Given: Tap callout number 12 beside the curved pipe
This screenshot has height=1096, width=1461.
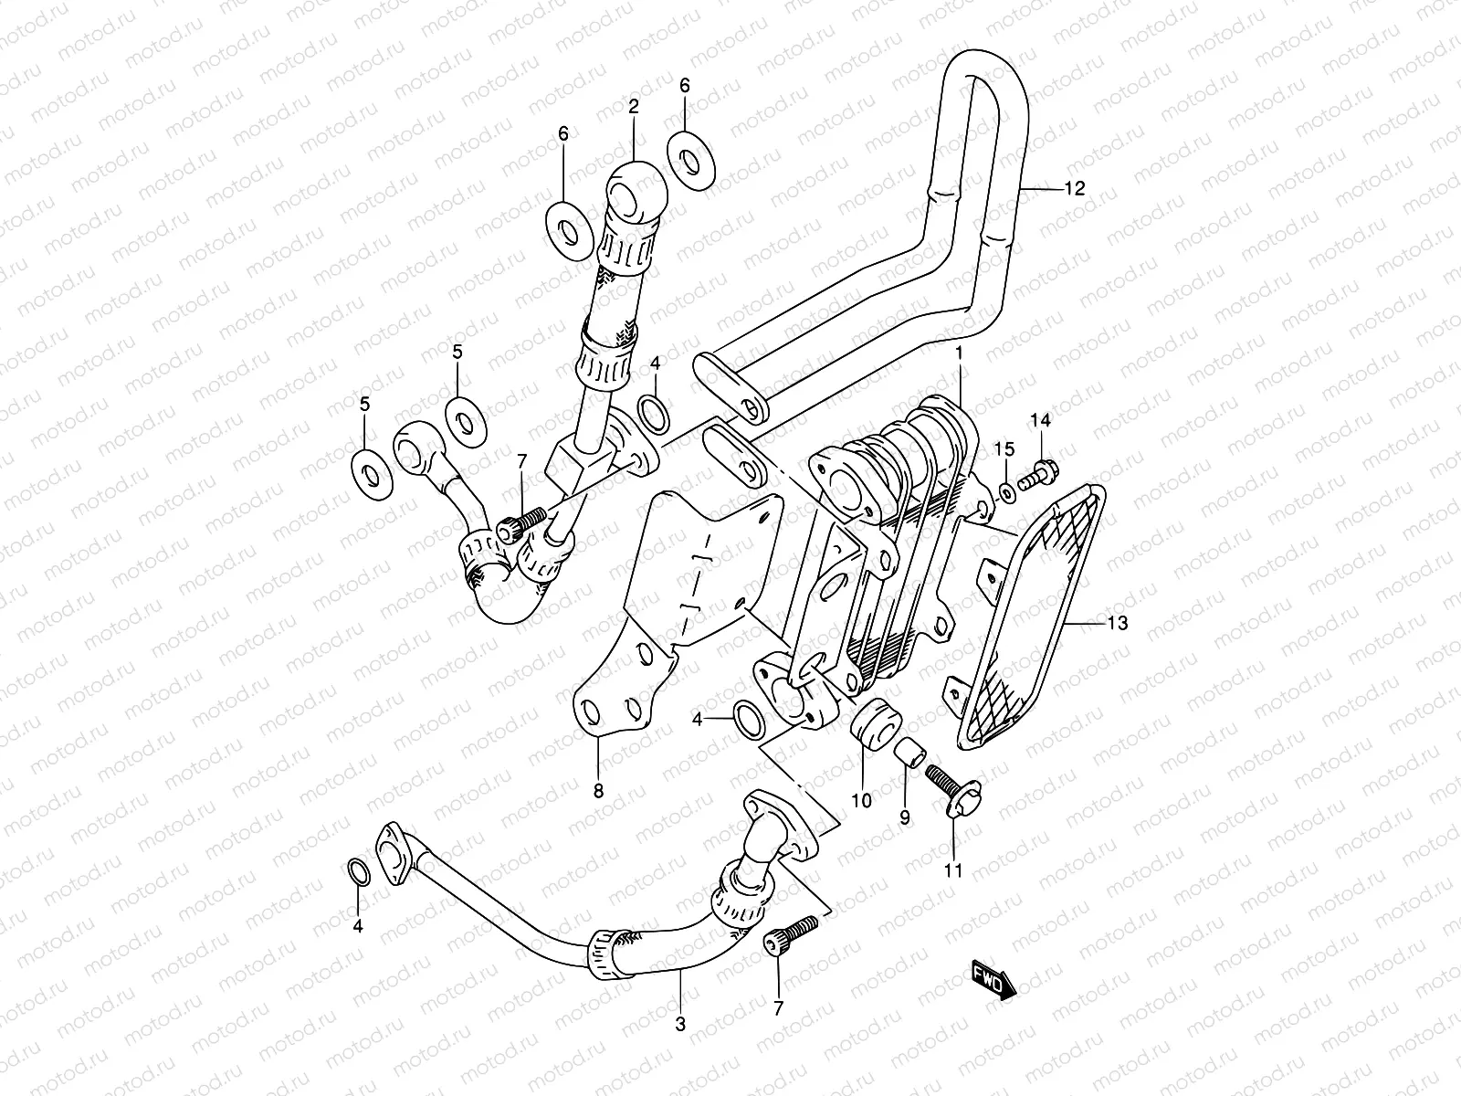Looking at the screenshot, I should coord(1074,189).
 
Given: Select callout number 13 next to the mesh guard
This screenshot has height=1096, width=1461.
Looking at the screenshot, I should coord(1117,624).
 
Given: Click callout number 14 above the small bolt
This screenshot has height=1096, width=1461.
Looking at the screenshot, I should coord(1041,420).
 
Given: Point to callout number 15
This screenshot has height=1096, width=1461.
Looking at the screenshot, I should coord(1004,449).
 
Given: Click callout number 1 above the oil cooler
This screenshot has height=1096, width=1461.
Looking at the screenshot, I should coord(959,352).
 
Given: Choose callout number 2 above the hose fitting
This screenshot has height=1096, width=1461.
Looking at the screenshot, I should coord(633,106).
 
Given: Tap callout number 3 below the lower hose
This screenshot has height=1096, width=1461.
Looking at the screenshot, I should coord(680,1025).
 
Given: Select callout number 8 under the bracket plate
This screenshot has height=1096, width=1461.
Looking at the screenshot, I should coord(598,792).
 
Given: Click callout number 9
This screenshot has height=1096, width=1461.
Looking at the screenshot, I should coord(905,818).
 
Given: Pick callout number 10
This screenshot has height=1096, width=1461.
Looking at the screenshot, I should coord(862,801).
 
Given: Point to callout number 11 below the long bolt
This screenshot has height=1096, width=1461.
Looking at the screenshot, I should coord(953,870).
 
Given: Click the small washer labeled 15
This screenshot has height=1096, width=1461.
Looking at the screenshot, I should coord(1007,493).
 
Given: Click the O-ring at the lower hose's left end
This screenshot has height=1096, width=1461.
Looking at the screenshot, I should coord(360,873).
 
